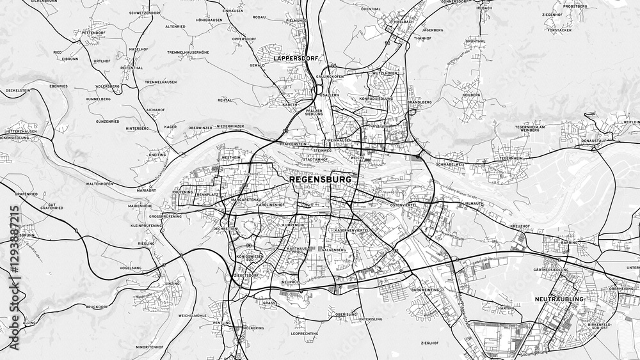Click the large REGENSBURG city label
click(x=321, y=180)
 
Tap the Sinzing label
click(x=172, y=283)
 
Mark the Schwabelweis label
click(x=449, y=164)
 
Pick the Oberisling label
click(x=346, y=315)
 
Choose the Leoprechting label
click(x=305, y=334)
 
